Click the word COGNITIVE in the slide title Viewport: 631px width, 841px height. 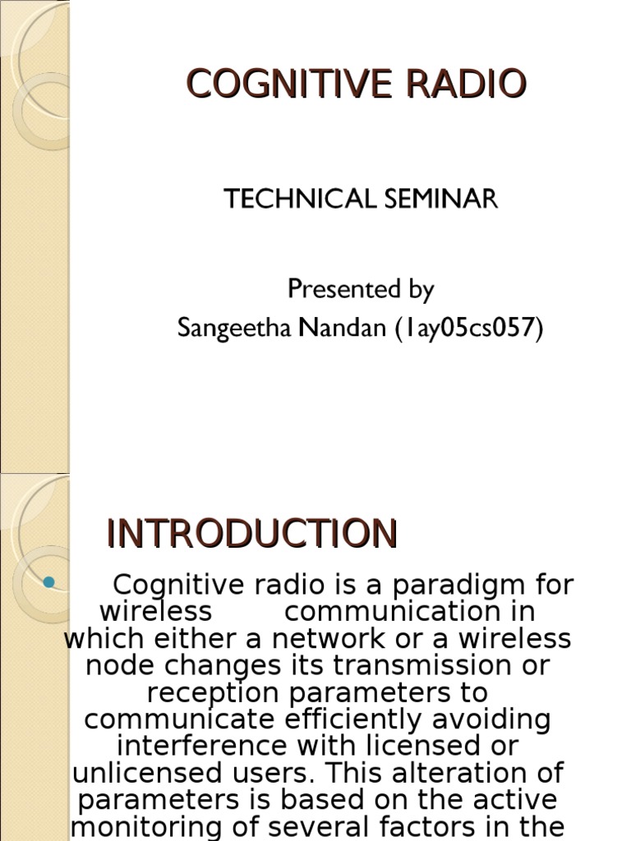click(x=274, y=84)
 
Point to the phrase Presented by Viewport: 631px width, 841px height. click(x=361, y=289)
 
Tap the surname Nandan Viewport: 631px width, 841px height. click(x=341, y=328)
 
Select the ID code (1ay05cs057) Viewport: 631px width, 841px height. click(x=469, y=328)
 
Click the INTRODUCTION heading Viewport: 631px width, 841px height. click(x=252, y=534)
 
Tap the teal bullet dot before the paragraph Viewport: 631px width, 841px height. click(x=48, y=582)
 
